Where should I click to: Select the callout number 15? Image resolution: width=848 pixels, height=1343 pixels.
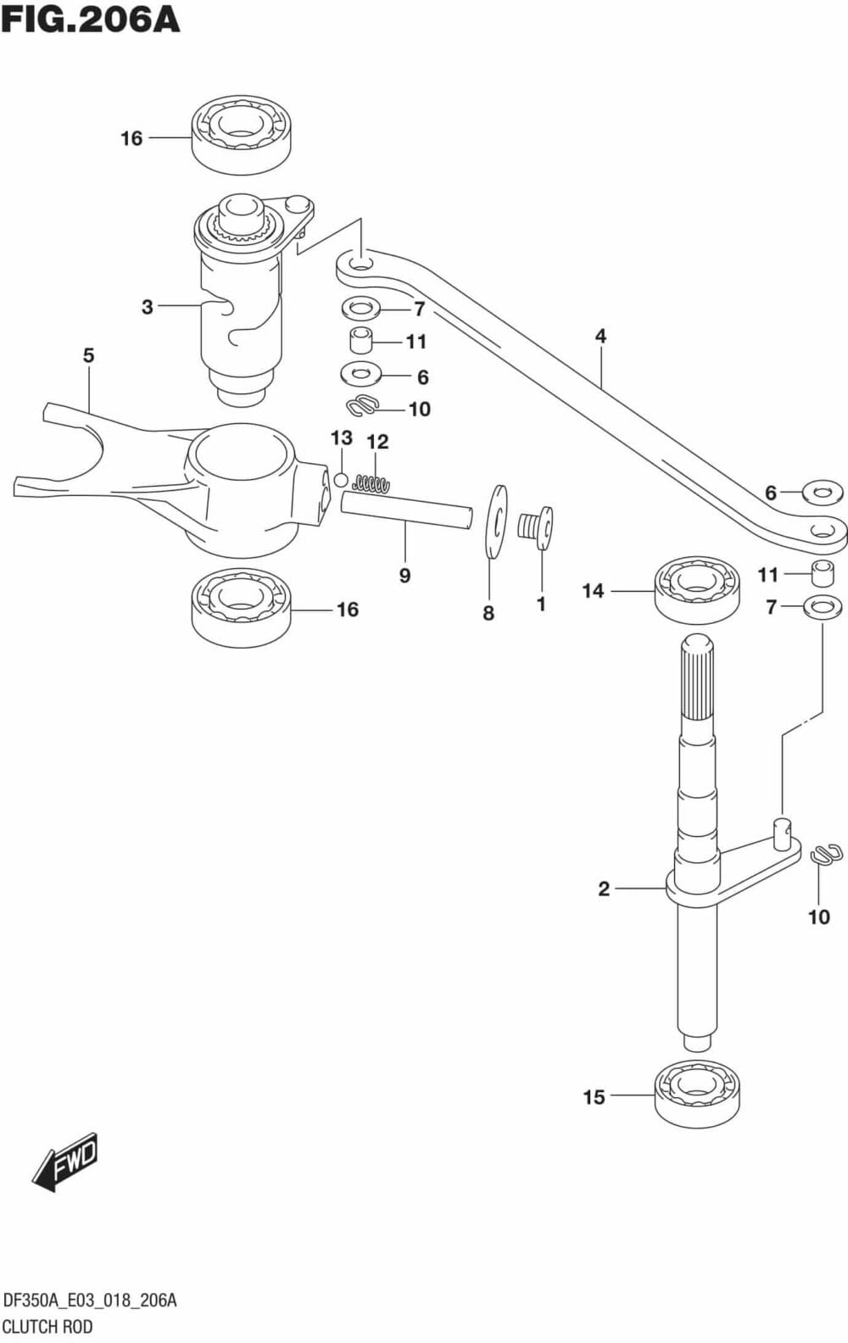point(594,1097)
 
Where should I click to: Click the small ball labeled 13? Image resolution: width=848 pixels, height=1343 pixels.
point(341,480)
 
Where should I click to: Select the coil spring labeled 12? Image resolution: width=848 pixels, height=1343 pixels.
point(371,484)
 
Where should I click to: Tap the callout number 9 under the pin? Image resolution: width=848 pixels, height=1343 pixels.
point(404,576)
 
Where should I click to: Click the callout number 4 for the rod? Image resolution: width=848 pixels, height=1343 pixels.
point(600,336)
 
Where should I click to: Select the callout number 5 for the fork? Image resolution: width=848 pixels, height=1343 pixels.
point(89,355)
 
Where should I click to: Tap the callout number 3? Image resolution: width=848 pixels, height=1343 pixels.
point(148,306)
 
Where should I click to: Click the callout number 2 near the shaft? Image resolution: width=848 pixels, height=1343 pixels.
point(604,889)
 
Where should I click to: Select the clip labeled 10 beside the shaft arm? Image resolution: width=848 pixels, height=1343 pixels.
point(825,855)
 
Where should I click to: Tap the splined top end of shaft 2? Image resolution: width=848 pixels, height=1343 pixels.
point(696,678)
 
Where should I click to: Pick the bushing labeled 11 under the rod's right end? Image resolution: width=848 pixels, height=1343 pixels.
point(820,573)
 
